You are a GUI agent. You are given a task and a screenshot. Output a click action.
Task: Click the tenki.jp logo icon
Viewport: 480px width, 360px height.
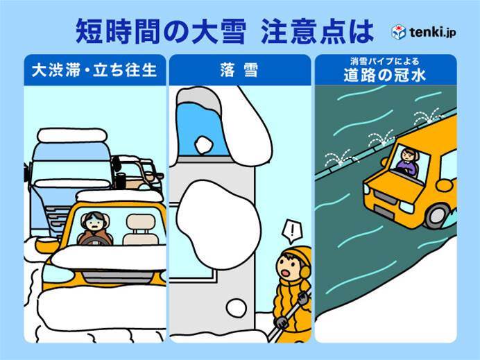pos(399,32)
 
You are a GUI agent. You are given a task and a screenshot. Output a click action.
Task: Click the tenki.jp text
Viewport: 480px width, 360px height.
pos(432,32)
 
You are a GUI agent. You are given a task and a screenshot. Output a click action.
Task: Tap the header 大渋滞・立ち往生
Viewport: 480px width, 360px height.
pos(94,70)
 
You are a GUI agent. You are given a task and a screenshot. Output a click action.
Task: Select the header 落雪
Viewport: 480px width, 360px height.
pos(239,70)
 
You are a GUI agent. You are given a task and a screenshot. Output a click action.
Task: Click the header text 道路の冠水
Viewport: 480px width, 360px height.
pos(385,76)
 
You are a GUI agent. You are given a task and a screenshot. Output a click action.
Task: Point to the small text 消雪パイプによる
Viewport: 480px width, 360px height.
pos(385,62)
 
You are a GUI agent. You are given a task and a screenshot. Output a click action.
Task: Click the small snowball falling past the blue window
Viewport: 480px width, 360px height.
pos(203,145)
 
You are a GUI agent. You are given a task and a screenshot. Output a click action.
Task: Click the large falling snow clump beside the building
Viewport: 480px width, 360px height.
pos(218,224)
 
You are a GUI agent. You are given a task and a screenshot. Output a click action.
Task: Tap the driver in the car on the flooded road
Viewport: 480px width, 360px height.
pos(407,163)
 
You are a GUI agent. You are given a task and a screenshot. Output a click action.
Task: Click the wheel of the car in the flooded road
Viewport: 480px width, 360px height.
pos(438,216)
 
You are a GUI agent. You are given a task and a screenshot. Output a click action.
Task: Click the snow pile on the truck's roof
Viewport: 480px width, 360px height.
pos(72,135)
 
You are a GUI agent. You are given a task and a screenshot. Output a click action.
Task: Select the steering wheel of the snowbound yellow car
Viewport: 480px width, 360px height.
pos(95,241)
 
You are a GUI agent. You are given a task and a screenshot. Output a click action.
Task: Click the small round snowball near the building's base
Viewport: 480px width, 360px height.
pos(237,308)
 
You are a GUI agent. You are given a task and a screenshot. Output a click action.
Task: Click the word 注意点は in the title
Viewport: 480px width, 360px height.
pos(317,32)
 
